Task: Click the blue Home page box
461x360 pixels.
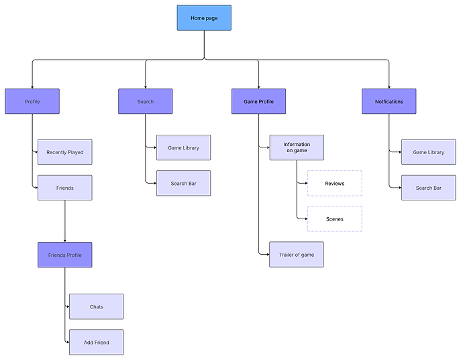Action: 204,18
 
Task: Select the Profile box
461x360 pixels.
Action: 32,101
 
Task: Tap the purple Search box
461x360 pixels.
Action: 146,101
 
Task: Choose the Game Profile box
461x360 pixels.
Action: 258,101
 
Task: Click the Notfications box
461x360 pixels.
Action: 389,101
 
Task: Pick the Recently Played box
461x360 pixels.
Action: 64,152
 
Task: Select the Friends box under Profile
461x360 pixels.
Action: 64,188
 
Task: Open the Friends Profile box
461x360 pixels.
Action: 64,255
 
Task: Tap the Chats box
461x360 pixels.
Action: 96,306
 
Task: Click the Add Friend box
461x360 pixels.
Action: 96,342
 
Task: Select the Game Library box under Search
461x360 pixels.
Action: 183,147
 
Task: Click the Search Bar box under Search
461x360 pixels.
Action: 183,183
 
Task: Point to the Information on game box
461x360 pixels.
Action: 297,147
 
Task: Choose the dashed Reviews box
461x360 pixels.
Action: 334,183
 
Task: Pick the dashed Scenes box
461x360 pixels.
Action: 334,219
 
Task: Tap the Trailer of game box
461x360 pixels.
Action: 297,255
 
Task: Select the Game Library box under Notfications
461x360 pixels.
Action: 428,152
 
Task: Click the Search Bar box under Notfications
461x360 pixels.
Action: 428,188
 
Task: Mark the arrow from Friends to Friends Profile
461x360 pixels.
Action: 64,221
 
